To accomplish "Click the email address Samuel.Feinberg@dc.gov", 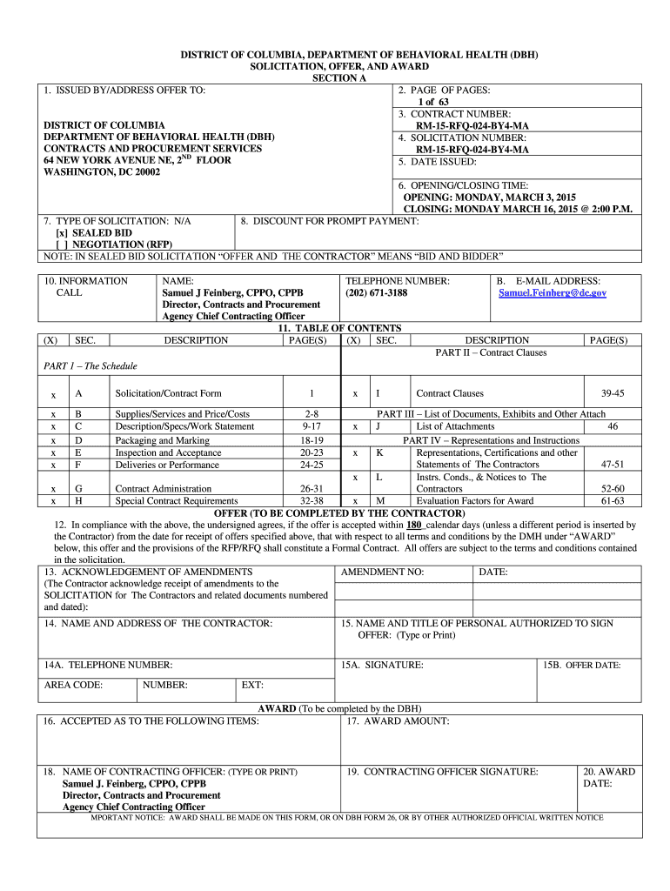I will (x=552, y=293).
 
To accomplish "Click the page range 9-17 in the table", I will (x=311, y=426).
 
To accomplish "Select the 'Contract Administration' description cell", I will (x=163, y=489).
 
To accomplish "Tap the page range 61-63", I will (x=612, y=501).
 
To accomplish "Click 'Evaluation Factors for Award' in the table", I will (x=474, y=501).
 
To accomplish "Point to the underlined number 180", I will (x=414, y=526).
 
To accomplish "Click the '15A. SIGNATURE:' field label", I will (x=382, y=666).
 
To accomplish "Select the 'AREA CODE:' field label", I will (x=73, y=685).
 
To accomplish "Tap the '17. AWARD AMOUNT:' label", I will (x=398, y=721).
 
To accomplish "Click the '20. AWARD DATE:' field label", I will (x=609, y=777).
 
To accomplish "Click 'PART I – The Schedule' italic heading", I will (x=90, y=366).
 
